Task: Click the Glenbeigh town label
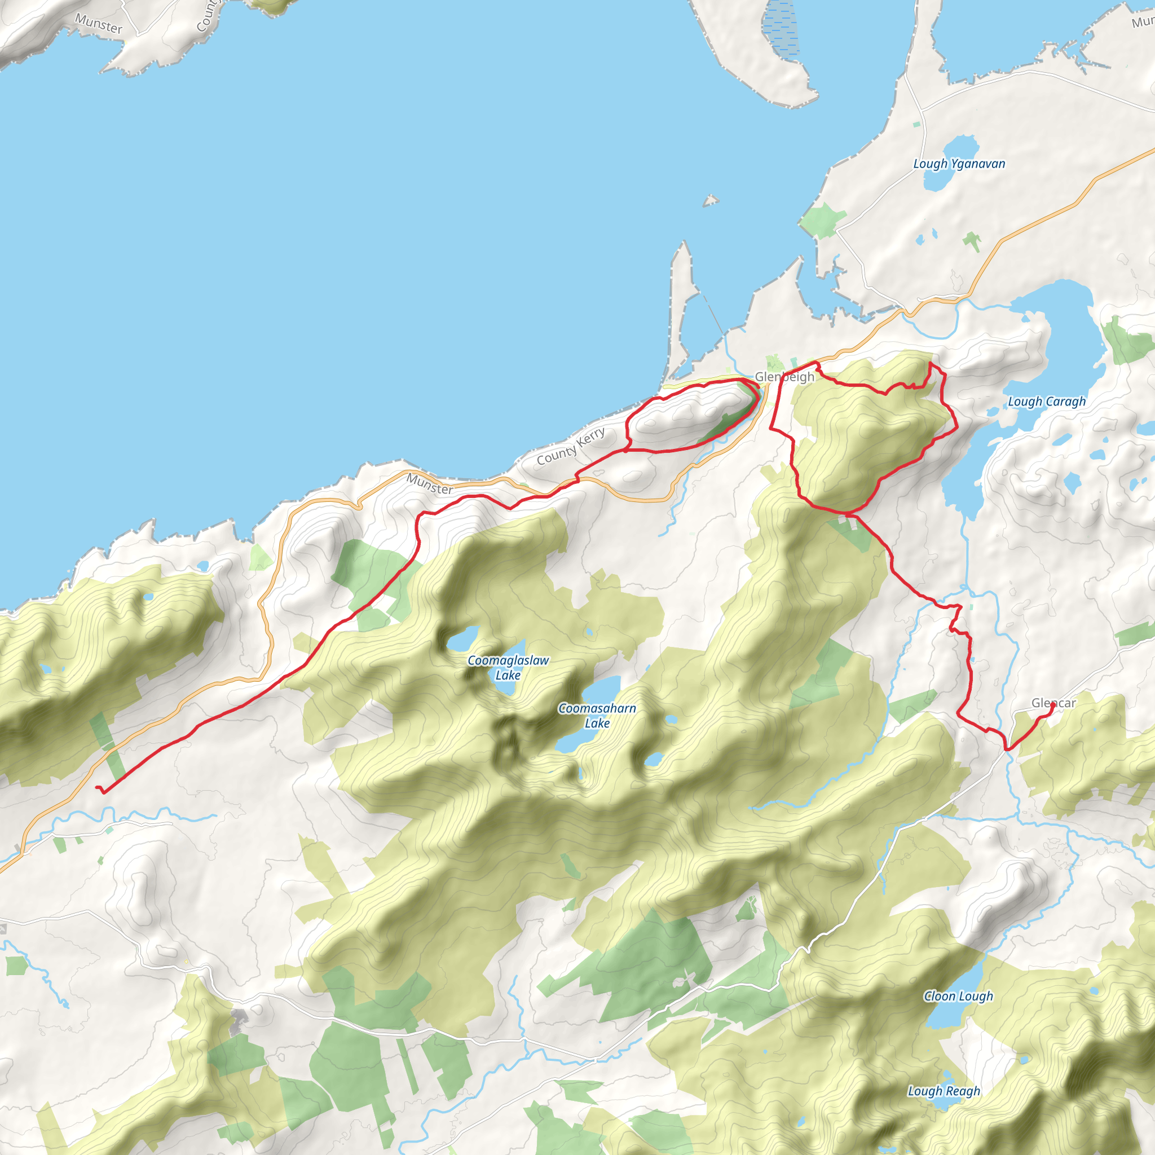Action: click(x=784, y=377)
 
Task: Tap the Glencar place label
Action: click(x=1053, y=703)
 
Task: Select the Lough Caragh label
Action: click(x=1046, y=402)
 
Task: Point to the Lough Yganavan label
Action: click(x=959, y=164)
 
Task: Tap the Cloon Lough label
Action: click(x=958, y=996)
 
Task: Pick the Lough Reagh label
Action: click(x=944, y=1091)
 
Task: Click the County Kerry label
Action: click(x=570, y=446)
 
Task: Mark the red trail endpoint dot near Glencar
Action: click(x=1053, y=704)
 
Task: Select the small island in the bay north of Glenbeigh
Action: click(x=710, y=201)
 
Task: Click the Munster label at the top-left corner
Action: click(x=99, y=24)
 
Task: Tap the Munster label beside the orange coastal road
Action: click(x=429, y=484)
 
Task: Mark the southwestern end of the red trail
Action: click(x=97, y=788)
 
